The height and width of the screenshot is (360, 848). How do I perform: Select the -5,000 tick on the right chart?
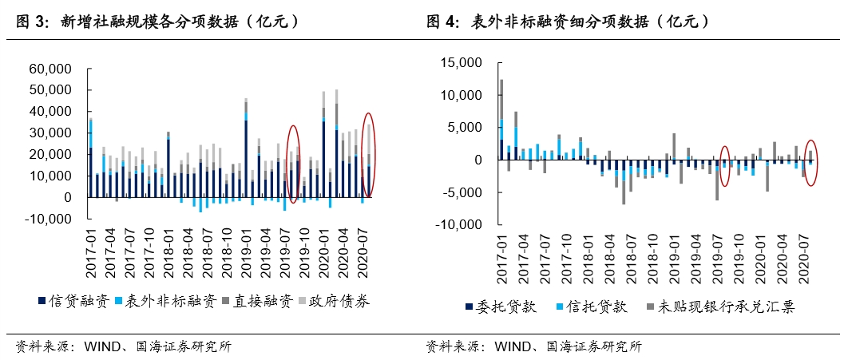[x=464, y=192]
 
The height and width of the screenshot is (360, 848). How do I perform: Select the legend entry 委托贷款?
[x=495, y=307]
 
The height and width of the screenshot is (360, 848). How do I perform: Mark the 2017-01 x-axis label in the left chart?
[x=91, y=253]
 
